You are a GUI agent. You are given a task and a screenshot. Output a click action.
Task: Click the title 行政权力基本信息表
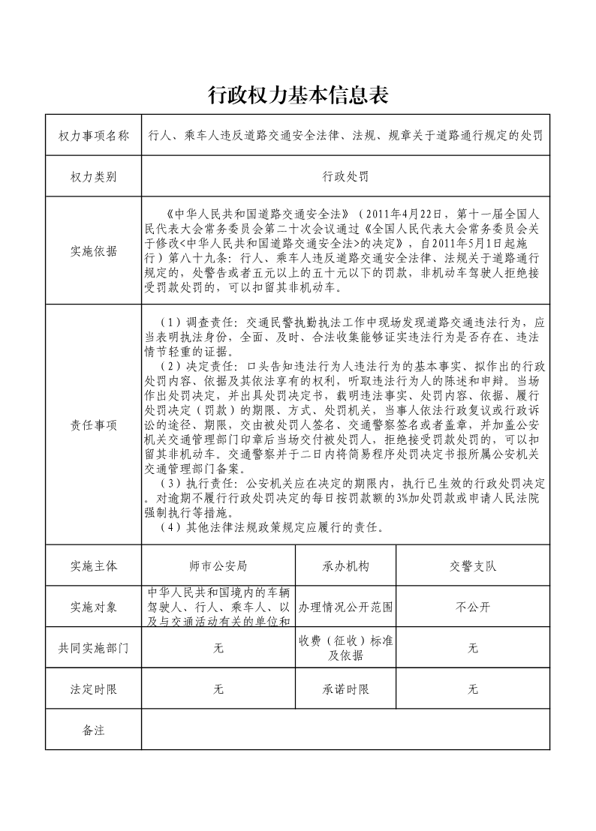coord(297,95)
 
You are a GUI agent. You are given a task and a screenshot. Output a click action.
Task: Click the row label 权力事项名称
coord(94,136)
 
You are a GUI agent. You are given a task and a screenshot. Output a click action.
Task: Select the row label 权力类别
coord(94,177)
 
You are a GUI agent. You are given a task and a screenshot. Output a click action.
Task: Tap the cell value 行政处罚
coord(345,177)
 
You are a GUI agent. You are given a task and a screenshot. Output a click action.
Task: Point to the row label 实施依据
coord(94,251)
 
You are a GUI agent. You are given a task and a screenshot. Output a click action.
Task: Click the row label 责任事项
coord(94,424)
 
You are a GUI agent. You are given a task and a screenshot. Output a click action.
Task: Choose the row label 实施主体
coord(94,565)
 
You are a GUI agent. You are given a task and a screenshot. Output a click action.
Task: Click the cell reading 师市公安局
coord(218,565)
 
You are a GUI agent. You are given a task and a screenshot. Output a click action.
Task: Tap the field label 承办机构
coord(345,565)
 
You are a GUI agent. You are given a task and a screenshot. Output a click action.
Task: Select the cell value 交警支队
coord(473,565)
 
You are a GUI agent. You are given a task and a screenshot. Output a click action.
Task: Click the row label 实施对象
coord(94,607)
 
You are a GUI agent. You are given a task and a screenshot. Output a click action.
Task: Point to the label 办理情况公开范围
coord(345,607)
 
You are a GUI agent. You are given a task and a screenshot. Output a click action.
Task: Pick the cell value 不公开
coord(473,607)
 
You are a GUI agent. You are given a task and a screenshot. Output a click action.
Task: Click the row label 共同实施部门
coord(94,648)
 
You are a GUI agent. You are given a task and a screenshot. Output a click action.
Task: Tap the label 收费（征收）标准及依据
coord(345,648)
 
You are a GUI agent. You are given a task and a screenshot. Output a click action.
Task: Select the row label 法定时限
coord(94,689)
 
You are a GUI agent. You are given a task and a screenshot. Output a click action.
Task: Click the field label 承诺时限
coord(345,689)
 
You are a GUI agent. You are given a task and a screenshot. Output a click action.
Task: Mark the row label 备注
coord(94,730)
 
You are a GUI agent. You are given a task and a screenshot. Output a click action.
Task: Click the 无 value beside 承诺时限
coord(473,689)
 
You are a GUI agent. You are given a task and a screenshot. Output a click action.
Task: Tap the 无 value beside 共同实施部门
coord(218,648)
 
